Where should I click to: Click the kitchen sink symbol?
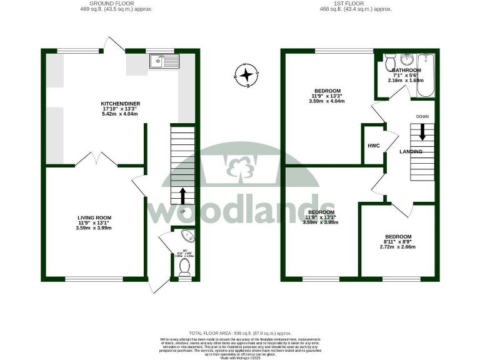point(164,61)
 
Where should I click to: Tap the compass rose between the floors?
point(247,76)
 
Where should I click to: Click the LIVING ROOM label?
point(94,217)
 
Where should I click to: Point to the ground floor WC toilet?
point(184,267)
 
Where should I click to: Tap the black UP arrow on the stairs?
point(182,196)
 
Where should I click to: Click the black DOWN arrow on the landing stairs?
point(422,131)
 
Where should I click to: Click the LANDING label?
point(411,151)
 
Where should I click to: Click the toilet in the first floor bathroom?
point(389,62)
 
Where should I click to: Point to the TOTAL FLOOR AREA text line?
point(240,334)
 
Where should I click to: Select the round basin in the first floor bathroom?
point(408,61)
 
